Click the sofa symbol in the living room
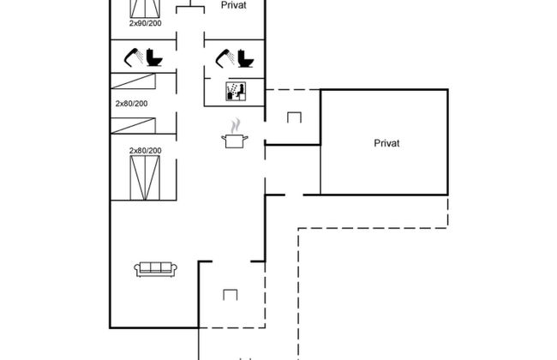pyautogui.click(x=155, y=268)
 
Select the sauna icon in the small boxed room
pyautogui.click(x=234, y=90)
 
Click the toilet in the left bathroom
pyautogui.click(x=154, y=57)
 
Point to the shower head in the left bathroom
pyautogui.click(x=133, y=58)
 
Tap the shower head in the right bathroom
pyautogui.click(x=225, y=57)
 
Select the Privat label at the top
pyautogui.click(x=234, y=5)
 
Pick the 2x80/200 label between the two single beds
pyautogui.click(x=131, y=103)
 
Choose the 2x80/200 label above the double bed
pyautogui.click(x=145, y=151)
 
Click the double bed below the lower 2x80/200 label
pyautogui.click(x=145, y=176)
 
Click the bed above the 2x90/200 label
pyautogui.click(x=145, y=9)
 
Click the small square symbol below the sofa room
pyautogui.click(x=230, y=296)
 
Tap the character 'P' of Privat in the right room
pyautogui.click(x=377, y=143)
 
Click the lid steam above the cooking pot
pyautogui.click(x=234, y=124)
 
